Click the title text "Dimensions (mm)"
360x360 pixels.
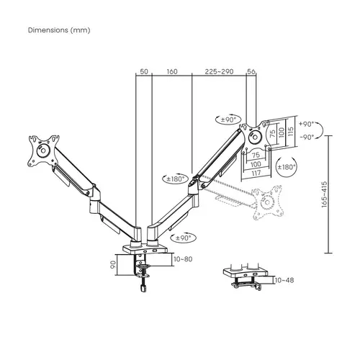[60, 31]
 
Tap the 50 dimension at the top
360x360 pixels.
[143, 71]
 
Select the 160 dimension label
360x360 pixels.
[172, 71]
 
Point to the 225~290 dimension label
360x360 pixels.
[219, 71]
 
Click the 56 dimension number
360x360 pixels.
[251, 71]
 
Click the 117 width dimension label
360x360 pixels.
[258, 173]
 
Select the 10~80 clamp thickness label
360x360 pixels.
[184, 258]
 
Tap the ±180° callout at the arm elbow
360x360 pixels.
[175, 180]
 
